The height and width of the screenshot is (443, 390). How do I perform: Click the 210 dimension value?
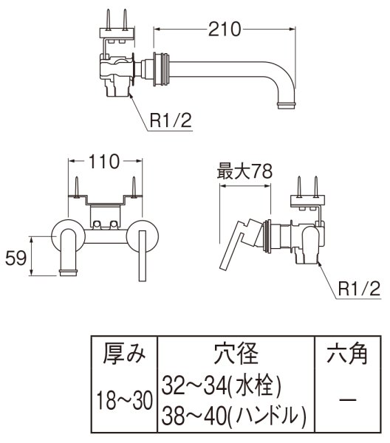[x=225, y=29]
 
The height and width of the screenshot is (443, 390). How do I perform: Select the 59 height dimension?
[x=15, y=258]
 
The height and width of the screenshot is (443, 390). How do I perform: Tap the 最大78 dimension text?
[x=244, y=172]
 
